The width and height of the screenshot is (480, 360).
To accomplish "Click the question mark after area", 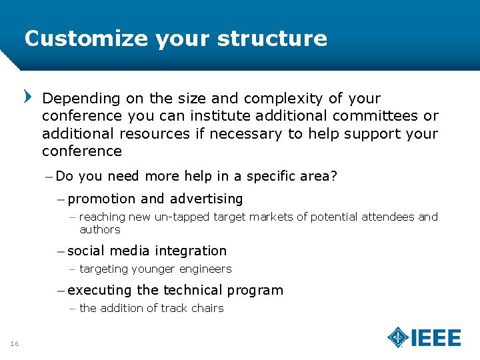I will pyautogui.click(x=335, y=176).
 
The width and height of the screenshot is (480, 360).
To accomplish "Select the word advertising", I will pyautogui.click(x=206, y=199).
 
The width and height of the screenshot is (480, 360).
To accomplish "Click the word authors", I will pyautogui.click(x=100, y=229).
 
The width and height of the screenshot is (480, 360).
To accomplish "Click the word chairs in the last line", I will pyautogui.click(x=207, y=308).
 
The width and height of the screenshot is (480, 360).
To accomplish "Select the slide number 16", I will pyautogui.click(x=14, y=343).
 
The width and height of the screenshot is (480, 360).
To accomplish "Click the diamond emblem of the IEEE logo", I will pyautogui.click(x=398, y=337).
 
